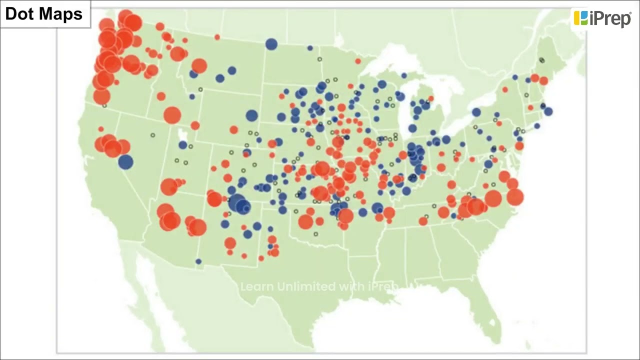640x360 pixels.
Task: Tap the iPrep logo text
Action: click(610, 18)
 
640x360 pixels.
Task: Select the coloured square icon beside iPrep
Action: click(580, 18)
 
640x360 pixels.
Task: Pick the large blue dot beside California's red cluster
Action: click(125, 162)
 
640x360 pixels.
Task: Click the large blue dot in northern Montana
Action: click(271, 44)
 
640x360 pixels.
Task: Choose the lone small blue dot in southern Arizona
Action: click(198, 261)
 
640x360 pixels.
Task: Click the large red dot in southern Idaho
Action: click(172, 115)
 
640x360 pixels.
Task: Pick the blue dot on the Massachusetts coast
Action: click(548, 111)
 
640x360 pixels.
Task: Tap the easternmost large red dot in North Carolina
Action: click(515, 197)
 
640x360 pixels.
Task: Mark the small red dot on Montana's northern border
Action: click(217, 37)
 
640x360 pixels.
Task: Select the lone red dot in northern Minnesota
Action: click(358, 61)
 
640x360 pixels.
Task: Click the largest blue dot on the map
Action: click(237, 202)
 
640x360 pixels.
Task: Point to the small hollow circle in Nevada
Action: click(153, 135)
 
